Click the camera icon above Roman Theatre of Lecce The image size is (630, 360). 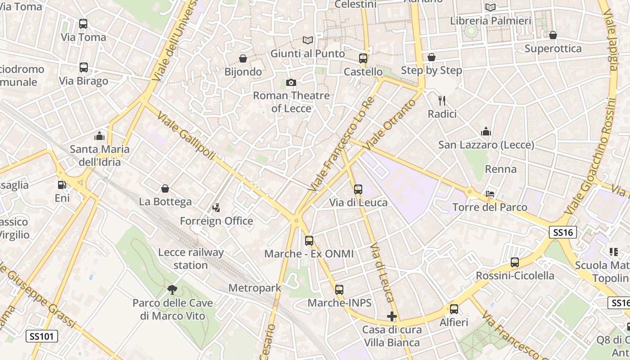pos(291,82)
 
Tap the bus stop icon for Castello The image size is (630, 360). pos(363,58)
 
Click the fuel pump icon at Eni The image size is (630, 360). pos(62,184)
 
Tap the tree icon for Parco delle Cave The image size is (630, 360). pos(172,289)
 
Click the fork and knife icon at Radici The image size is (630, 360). pos(442,101)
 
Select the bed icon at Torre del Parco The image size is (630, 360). pos(490,194)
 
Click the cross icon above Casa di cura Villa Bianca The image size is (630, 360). pos(392,316)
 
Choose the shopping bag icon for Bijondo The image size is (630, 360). pos(243,58)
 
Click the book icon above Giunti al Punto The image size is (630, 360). pos(307,40)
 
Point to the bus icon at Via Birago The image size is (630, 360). pos(83,67)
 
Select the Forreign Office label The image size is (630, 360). pos(216,221)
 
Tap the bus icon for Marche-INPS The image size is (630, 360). pos(339,290)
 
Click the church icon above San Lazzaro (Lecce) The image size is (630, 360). pos(486,132)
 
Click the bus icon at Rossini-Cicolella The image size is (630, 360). pos(515,262)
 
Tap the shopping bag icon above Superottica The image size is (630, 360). pos(553,35)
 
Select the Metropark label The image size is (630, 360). pos(255,288)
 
